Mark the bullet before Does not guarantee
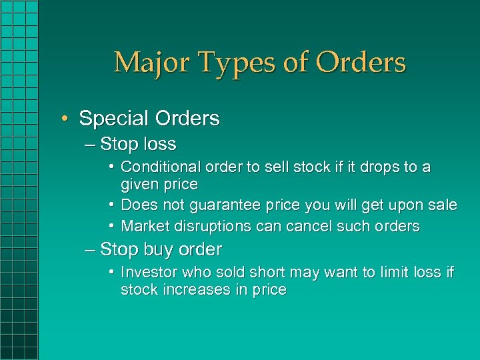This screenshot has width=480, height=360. point(113,205)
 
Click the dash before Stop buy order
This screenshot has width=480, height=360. point(91,250)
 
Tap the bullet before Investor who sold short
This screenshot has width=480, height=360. point(113,272)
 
